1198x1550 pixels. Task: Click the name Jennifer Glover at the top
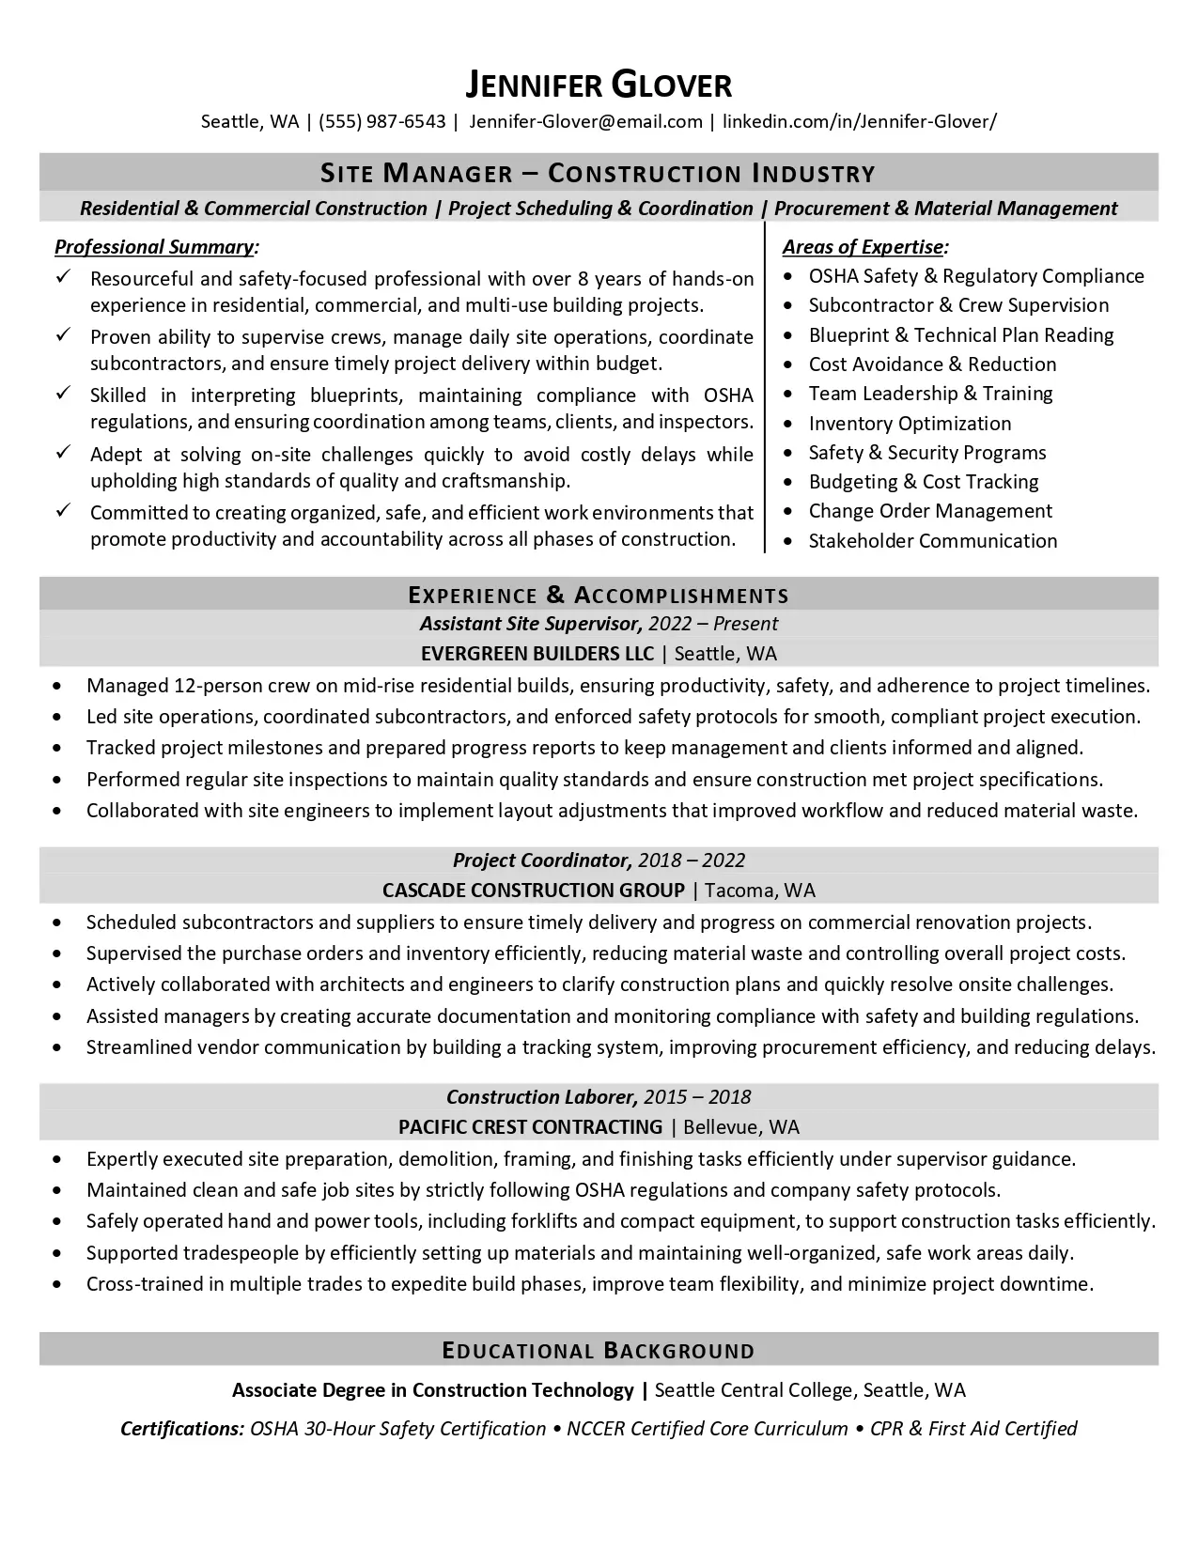(599, 85)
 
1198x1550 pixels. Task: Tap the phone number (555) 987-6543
(382, 121)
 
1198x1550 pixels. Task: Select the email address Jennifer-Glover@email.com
(585, 121)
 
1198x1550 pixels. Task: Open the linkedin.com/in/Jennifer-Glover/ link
(860, 121)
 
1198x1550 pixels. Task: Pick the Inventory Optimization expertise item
(910, 424)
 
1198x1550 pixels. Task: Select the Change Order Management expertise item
(930, 511)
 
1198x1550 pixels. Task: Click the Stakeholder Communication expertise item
(933, 541)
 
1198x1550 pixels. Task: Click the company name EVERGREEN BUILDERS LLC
(537, 654)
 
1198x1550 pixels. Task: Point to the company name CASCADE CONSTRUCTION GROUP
(534, 891)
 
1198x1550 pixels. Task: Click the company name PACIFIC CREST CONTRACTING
(531, 1127)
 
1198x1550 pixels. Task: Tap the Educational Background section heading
(599, 1351)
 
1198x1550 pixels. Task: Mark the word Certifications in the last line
(182, 1429)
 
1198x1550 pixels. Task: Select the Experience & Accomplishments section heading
(599, 595)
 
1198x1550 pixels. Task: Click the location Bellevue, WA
(741, 1127)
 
